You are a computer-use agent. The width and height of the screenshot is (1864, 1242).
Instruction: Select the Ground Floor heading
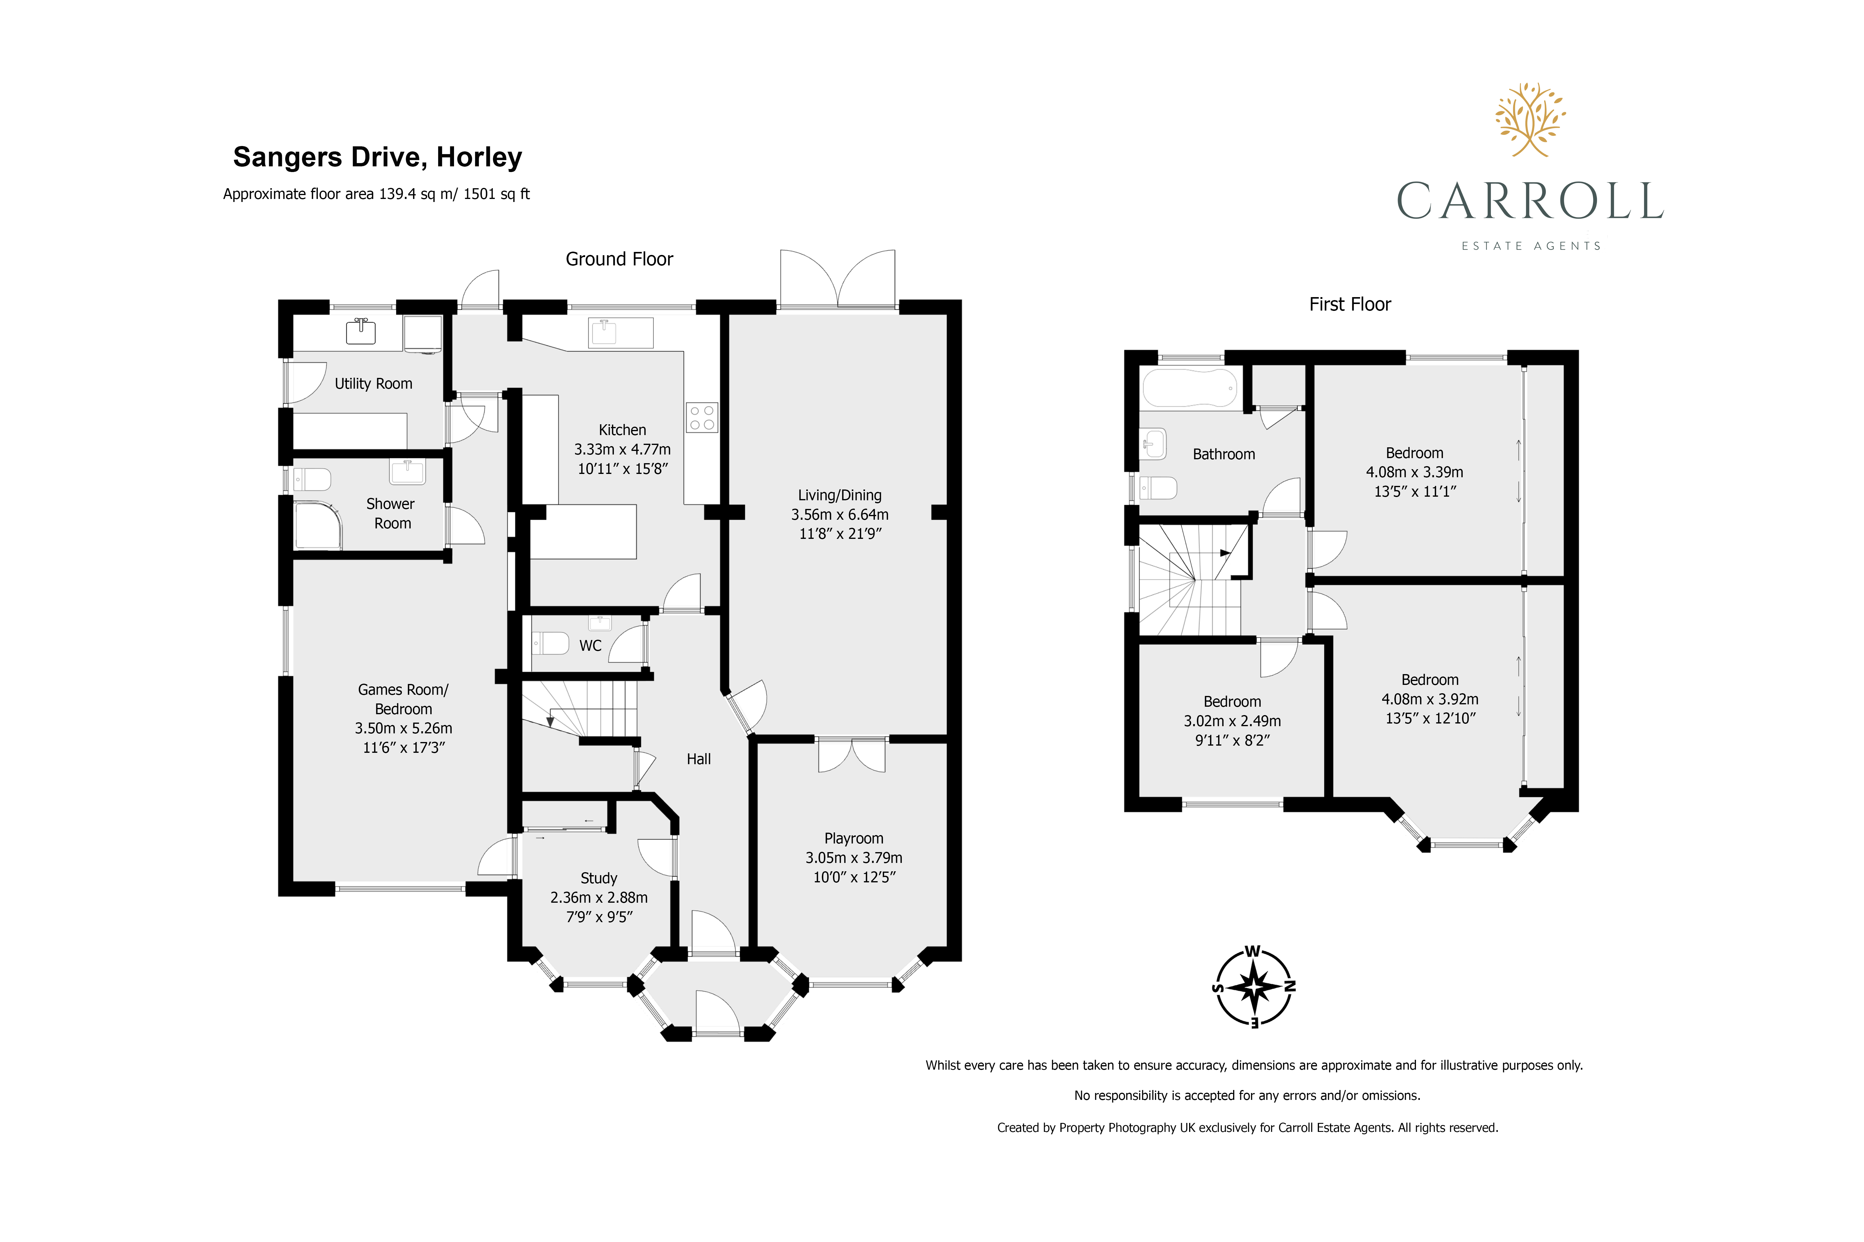click(619, 259)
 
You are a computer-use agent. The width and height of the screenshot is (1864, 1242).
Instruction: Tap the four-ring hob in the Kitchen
click(701, 417)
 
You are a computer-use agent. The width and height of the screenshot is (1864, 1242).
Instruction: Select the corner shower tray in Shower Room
click(318, 525)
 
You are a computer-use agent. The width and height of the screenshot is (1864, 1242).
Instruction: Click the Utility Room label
click(373, 383)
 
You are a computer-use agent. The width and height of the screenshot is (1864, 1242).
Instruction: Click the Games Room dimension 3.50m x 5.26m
click(403, 728)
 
